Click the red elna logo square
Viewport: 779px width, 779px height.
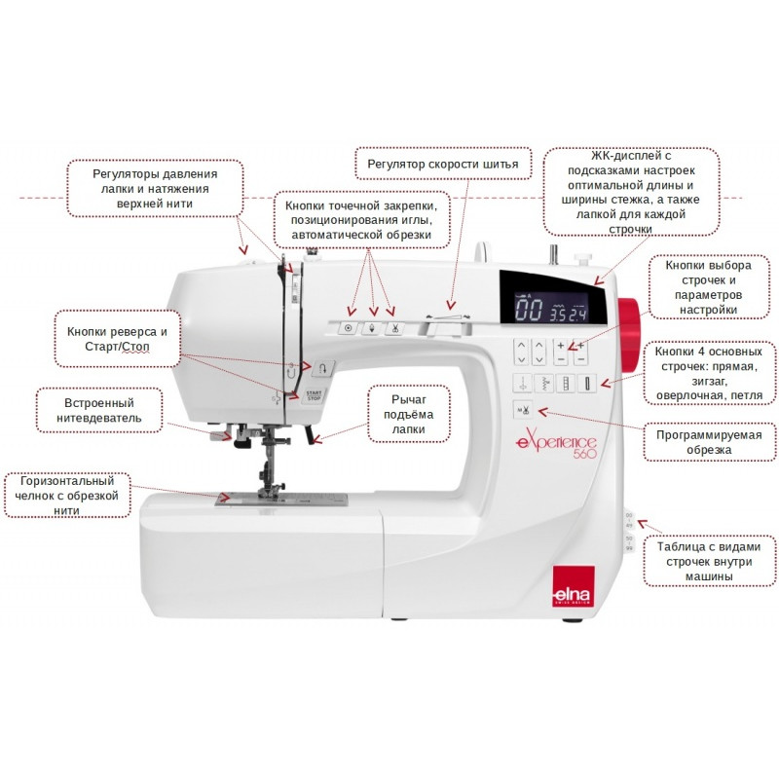tap(574, 587)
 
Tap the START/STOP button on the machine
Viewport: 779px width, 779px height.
tap(314, 396)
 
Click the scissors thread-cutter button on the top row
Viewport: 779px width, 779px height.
tap(394, 328)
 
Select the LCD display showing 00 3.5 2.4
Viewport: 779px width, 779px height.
tap(551, 308)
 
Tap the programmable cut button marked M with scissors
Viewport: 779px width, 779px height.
tap(523, 410)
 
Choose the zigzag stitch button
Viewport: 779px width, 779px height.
tap(544, 384)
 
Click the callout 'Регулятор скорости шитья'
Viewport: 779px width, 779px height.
tap(443, 164)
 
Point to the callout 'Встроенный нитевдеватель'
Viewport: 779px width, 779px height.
tap(99, 410)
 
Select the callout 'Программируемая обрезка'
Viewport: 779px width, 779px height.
tap(709, 442)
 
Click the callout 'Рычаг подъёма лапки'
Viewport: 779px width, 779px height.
tap(408, 414)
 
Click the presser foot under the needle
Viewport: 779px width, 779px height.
tap(269, 493)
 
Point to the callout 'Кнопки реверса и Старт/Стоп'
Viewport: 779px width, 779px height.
tap(117, 339)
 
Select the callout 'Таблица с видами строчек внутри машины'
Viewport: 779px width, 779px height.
tap(709, 562)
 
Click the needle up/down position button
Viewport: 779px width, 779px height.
tap(372, 328)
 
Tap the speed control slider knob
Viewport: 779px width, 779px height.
tap(431, 329)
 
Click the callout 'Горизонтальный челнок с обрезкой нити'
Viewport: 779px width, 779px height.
tap(67, 496)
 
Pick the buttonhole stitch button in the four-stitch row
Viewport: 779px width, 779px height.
tap(587, 384)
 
